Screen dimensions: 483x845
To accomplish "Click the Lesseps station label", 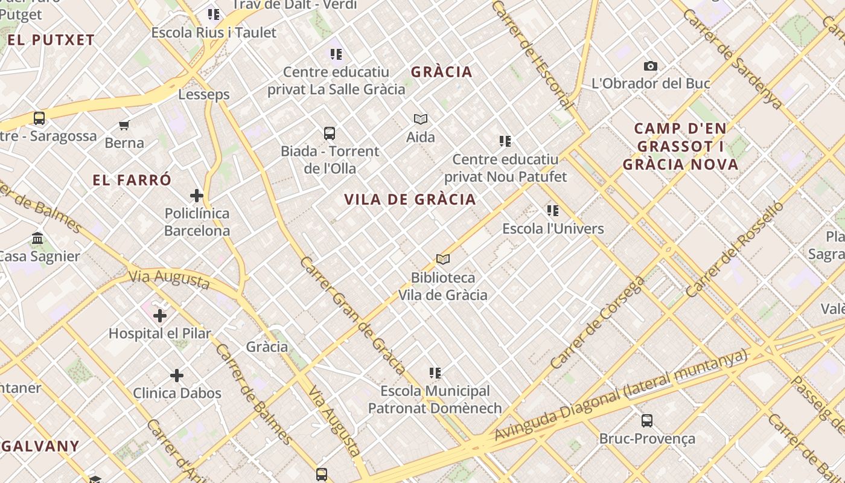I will [204, 95].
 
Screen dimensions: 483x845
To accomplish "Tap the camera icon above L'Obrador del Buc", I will [650, 66].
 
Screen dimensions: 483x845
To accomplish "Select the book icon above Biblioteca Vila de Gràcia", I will [443, 260].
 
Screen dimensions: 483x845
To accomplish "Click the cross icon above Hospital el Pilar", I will [160, 316].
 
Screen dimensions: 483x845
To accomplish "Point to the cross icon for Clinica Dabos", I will [177, 376].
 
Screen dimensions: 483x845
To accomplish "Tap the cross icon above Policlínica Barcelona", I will [197, 196].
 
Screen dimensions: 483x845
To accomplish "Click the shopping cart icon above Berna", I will [124, 126].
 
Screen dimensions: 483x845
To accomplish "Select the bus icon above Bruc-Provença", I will [647, 421].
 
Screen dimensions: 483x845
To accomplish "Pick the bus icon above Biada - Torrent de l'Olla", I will [330, 133].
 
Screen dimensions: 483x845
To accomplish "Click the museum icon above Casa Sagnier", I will [37, 238].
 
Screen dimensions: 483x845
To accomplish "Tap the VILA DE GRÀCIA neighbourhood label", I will [410, 200].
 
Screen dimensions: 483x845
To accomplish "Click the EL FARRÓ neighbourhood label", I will [132, 180].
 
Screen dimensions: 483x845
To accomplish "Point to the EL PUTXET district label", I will [51, 40].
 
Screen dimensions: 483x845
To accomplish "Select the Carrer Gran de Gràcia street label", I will [352, 315].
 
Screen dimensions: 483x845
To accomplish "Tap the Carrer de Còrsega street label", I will [597, 323].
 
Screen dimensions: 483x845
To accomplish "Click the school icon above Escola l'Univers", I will [553, 211].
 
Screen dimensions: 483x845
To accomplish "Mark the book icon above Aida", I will [421, 120].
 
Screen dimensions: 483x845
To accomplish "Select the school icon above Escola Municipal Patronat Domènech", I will [435, 373].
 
